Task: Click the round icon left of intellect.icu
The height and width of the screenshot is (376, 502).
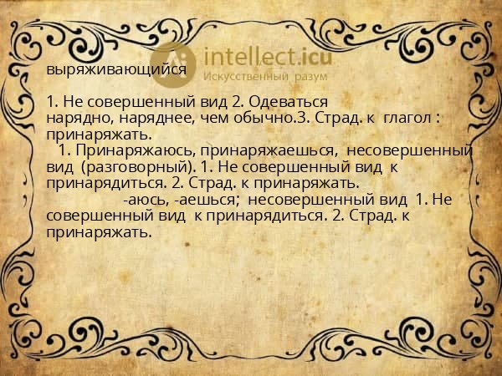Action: (173, 62)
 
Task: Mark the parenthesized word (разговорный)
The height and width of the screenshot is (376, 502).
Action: (139, 166)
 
